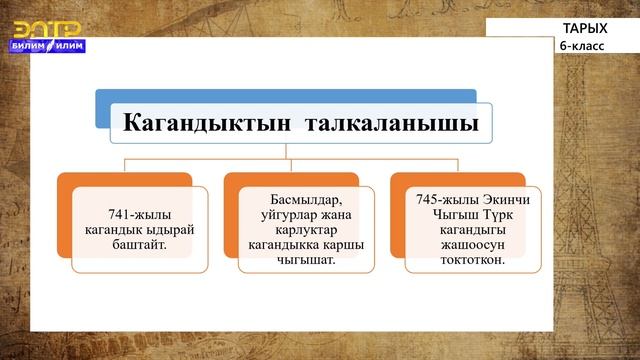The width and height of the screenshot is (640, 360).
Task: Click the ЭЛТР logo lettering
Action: coord(46,25)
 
